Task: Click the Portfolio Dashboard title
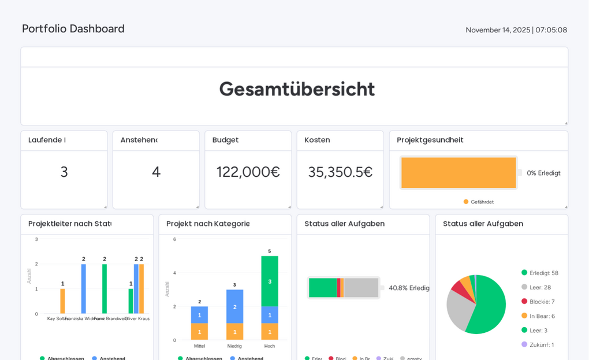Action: pos(73,29)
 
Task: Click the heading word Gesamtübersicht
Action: pos(297,89)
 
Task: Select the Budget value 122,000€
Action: pos(248,172)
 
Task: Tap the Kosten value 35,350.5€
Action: pos(340,172)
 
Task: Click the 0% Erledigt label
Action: pos(543,173)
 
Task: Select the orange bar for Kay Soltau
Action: pos(62,301)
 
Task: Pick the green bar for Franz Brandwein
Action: pos(105,289)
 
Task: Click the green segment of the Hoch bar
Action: pos(270,281)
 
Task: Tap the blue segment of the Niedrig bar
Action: pos(234,306)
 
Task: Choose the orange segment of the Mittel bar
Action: pos(199,332)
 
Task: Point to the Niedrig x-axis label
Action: pos(234,346)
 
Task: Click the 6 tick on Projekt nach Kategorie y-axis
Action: pos(174,239)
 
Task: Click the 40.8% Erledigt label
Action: pos(409,288)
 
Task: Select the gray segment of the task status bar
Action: pos(361,288)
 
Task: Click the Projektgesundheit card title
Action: pos(430,140)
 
